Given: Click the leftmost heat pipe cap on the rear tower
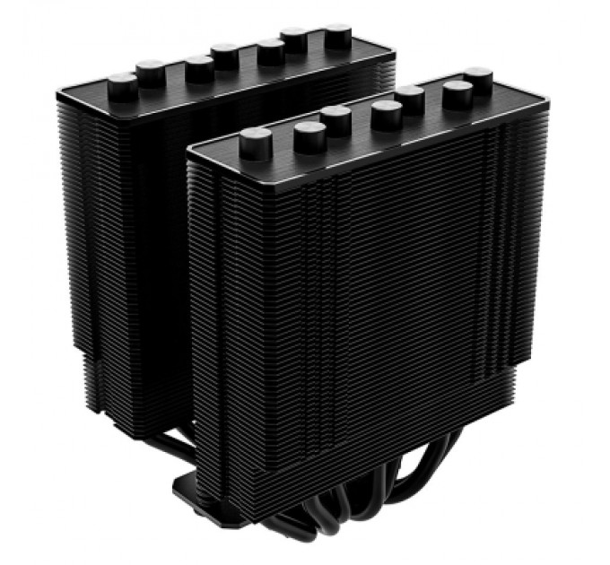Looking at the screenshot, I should (x=122, y=84).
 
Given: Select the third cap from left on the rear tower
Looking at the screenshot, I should (x=199, y=64).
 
